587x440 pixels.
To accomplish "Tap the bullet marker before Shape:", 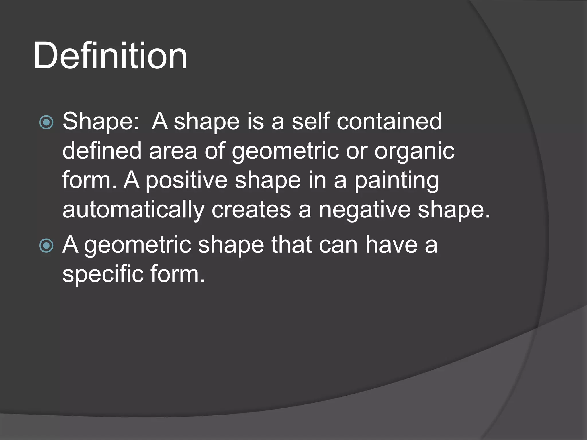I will (46, 122).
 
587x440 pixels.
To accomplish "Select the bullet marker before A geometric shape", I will (46, 246).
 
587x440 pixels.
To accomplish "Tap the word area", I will (173, 151).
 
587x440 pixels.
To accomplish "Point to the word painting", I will (397, 181).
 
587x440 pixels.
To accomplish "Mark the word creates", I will (251, 210).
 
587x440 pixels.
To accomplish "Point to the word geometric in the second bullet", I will (138, 246).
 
